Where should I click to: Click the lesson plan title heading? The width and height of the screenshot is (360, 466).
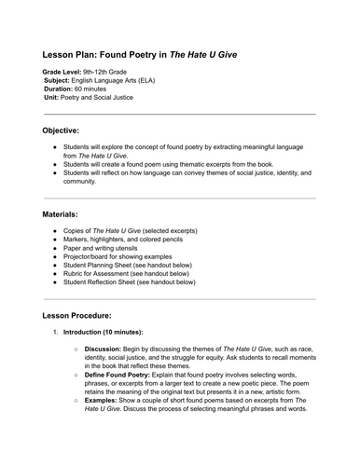coord(139,55)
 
